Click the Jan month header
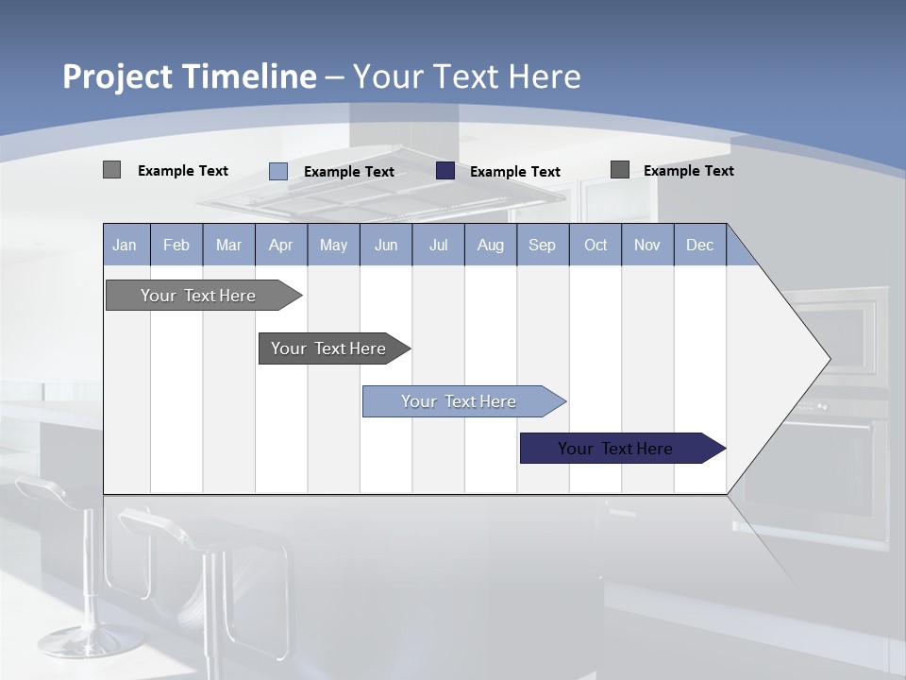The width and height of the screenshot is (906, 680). (x=125, y=246)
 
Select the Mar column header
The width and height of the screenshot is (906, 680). (x=228, y=246)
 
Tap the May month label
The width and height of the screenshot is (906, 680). (x=333, y=246)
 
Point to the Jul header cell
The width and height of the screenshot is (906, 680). (x=438, y=246)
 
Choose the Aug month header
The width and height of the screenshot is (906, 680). (x=490, y=246)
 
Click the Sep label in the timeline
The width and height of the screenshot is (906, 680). (x=542, y=246)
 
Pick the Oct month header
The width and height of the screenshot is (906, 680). (x=596, y=246)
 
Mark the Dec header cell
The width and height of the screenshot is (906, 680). (x=699, y=246)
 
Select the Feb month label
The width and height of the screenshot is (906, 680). (x=176, y=246)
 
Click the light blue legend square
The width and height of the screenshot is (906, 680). (x=278, y=171)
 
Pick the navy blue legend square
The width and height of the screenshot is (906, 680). (x=445, y=171)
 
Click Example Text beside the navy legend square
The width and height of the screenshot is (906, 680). (x=515, y=172)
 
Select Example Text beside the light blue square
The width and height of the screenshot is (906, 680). (x=349, y=172)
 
